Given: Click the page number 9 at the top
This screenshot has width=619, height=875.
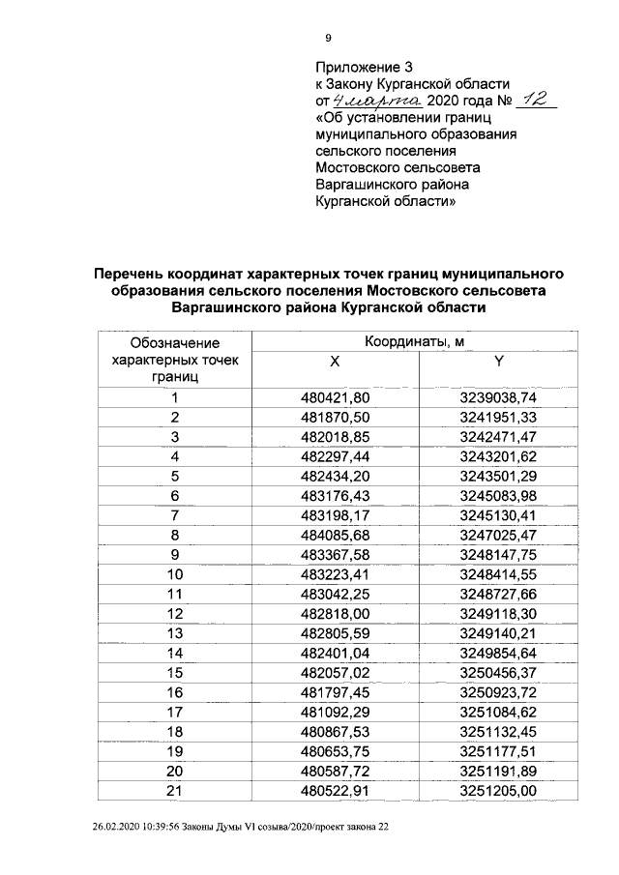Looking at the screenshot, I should tap(328, 38).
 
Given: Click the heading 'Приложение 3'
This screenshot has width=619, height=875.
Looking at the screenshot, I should tap(365, 67).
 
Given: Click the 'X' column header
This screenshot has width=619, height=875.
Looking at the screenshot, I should tap(335, 362).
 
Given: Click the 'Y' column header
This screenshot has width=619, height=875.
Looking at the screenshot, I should tap(500, 362).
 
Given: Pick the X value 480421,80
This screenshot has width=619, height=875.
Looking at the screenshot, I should tap(336, 397).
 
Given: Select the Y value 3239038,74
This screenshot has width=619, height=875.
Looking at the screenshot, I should tap(500, 397).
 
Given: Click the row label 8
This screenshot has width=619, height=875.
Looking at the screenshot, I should tap(175, 535).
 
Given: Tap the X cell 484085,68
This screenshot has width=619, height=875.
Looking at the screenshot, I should tap(336, 535).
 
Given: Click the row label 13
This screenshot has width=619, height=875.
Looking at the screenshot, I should tap(175, 633).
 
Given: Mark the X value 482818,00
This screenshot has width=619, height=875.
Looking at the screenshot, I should tap(336, 614).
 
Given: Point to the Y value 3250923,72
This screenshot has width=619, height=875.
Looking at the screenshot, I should tap(500, 693).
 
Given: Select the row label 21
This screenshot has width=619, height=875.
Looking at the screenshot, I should tap(175, 792).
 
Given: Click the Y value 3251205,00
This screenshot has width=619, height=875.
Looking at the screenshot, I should tap(500, 792).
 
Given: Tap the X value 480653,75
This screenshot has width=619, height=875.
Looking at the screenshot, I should tap(336, 752).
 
